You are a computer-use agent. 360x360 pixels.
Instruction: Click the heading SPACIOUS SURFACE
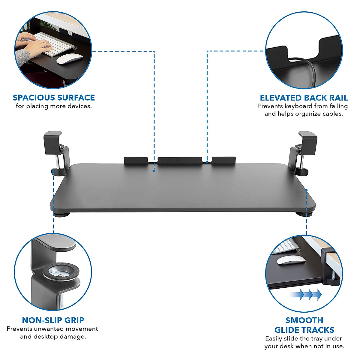tap(54, 98)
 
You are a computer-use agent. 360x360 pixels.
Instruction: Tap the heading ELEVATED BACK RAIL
tap(304, 98)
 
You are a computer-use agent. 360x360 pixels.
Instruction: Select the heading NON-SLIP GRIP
tap(53, 320)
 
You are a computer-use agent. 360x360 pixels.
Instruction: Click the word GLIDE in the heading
tap(289, 330)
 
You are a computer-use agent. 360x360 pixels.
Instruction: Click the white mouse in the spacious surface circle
tap(70, 59)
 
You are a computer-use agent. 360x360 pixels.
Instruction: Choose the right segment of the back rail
tap(223, 160)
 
